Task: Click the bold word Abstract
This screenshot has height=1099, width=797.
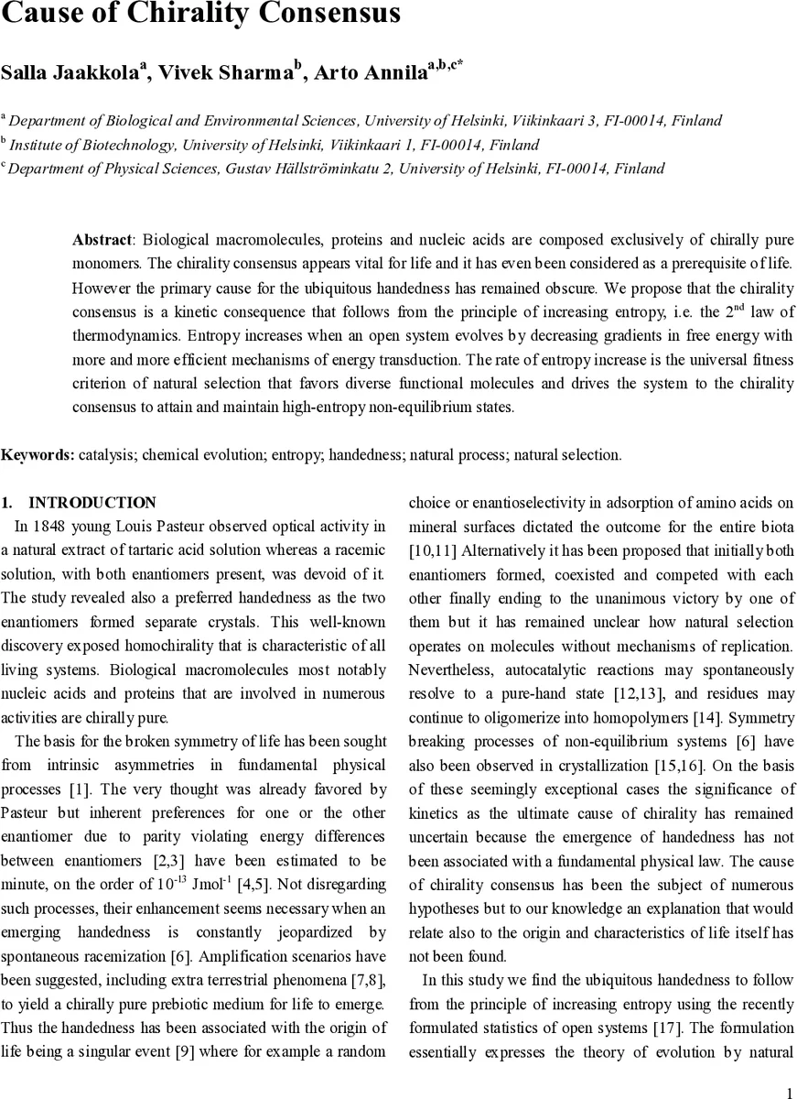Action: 102,239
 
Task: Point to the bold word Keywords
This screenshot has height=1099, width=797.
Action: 38,454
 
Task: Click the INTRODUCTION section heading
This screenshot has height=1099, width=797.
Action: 92,503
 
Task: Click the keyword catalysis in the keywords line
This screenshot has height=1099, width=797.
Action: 107,454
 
